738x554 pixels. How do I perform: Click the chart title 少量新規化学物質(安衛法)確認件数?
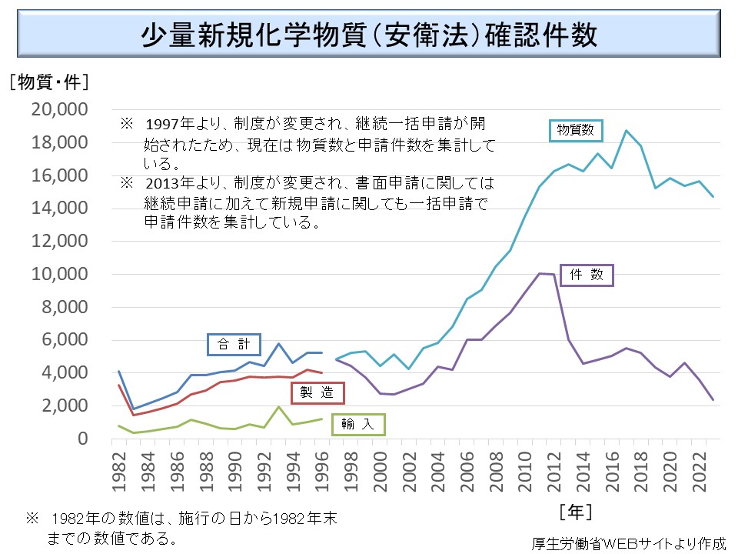[369, 36]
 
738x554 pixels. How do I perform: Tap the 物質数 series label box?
[576, 130]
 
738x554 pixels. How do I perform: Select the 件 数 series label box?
[587, 274]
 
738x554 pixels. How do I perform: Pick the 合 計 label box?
[234, 344]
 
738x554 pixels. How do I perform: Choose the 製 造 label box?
[317, 392]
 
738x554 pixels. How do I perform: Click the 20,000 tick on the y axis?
[60, 109]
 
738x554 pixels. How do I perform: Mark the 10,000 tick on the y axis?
[60, 274]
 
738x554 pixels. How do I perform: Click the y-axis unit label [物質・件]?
[48, 81]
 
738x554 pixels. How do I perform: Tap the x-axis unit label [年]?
[575, 510]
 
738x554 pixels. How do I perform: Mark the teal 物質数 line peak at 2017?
[627, 131]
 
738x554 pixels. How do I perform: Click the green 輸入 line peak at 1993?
[278, 407]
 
